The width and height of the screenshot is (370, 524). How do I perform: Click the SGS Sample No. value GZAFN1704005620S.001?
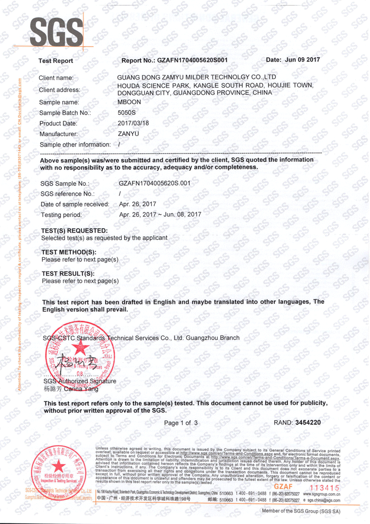(x=155, y=183)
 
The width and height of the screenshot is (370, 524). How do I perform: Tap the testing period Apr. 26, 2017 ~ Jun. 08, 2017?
(x=160, y=214)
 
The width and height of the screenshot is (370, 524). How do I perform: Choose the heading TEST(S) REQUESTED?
(x=75, y=231)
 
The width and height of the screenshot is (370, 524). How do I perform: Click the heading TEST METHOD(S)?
(x=69, y=252)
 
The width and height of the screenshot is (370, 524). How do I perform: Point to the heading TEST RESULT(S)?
(x=68, y=274)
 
